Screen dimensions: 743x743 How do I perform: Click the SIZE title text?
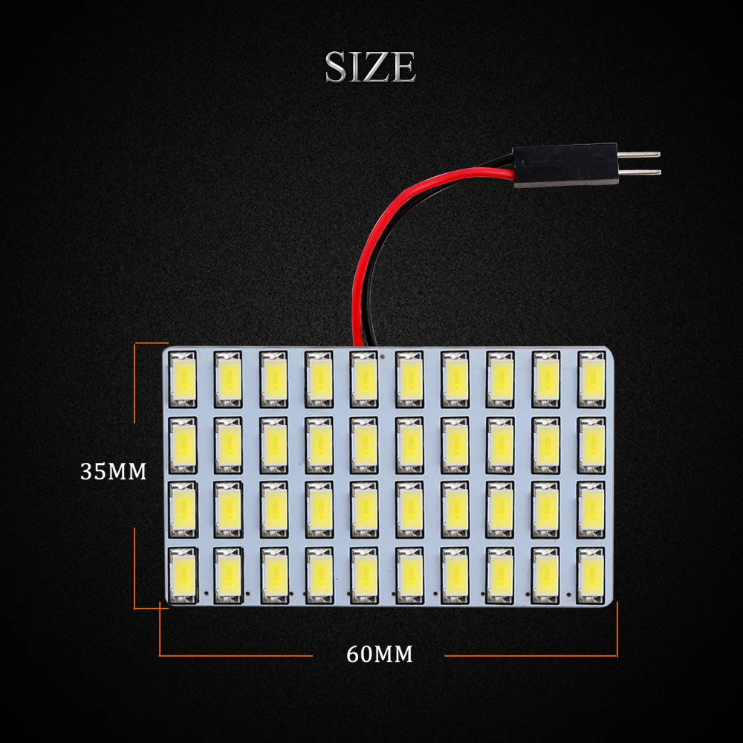(x=371, y=68)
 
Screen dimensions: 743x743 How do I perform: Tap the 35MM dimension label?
(x=114, y=472)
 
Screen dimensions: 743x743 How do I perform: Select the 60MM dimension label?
(x=379, y=655)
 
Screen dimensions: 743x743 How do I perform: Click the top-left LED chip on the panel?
(x=183, y=379)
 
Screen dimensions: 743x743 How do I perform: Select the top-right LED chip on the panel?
(x=591, y=379)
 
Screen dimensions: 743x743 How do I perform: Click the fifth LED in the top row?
(x=363, y=379)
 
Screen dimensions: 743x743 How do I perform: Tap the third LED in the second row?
(x=273, y=445)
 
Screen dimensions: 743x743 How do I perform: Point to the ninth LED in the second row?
(x=546, y=445)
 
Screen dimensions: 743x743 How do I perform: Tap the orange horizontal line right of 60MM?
(x=531, y=656)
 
